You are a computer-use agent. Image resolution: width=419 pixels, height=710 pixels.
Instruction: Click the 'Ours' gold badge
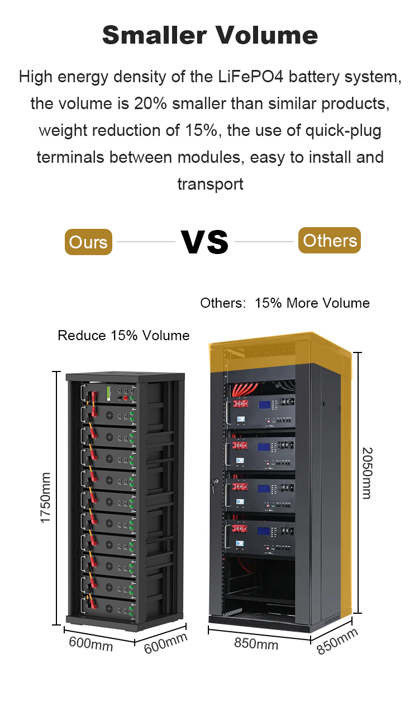pos(88,242)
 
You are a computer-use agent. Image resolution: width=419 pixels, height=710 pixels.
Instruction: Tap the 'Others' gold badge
pos(330,240)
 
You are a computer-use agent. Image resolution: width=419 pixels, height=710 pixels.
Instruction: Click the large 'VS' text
pos(204,242)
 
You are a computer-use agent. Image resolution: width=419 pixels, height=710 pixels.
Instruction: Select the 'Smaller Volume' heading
pos(210,35)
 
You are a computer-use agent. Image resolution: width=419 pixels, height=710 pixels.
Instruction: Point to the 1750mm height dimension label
pos(46,497)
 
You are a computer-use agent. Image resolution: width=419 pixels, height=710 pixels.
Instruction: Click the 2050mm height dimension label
pos(367,473)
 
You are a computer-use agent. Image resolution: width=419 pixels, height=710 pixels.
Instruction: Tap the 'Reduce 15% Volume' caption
pos(123,335)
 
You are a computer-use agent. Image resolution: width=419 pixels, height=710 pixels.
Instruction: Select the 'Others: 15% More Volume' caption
pos(285,303)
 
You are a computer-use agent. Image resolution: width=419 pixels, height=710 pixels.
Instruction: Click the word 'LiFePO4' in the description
pos(250,77)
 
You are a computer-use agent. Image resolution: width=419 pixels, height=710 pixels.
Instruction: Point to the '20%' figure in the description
pos(150,104)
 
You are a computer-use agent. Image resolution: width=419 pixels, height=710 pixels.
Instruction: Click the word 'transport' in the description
pos(210,184)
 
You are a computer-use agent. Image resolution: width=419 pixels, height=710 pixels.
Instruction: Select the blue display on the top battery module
pos(264,405)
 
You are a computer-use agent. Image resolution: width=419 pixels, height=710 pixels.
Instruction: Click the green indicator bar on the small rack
pos(108,394)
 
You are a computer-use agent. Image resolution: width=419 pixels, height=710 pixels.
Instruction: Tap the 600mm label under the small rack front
pos(91,644)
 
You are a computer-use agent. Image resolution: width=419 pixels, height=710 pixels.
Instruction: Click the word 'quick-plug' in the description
pos(344,131)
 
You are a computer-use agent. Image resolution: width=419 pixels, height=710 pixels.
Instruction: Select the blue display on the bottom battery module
pos(263,531)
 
